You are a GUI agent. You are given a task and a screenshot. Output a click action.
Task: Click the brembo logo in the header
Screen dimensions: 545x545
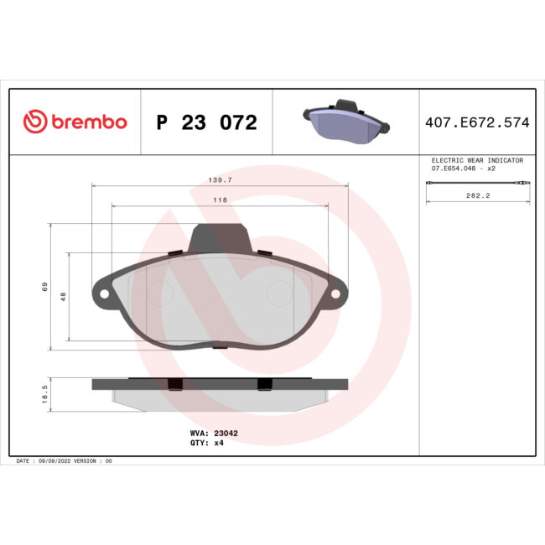coord(75,122)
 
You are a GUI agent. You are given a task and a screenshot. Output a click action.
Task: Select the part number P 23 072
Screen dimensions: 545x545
coord(206,123)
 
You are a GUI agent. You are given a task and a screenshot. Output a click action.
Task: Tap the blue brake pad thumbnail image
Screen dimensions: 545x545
coord(345,123)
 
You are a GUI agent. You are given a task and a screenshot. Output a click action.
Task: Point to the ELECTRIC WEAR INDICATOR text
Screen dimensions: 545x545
coord(476,159)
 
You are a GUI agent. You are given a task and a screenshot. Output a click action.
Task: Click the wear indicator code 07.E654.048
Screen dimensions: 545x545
coord(458,169)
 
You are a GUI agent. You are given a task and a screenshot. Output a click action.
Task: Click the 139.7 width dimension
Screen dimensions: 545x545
coord(220,180)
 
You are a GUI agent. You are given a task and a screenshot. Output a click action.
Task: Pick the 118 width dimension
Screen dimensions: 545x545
coord(220,200)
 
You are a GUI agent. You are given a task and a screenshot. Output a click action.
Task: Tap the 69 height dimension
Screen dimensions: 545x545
coord(45,287)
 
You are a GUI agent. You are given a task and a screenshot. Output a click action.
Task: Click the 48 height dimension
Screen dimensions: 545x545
coord(63,296)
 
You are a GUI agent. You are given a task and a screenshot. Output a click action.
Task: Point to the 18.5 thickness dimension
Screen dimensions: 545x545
coord(45,394)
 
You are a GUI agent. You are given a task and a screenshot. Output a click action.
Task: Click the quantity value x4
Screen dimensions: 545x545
coord(219,443)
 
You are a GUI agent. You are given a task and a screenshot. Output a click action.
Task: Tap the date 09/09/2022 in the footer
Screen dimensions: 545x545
coord(57,461)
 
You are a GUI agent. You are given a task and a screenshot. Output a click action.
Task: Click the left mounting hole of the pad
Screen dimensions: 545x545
coord(103,295)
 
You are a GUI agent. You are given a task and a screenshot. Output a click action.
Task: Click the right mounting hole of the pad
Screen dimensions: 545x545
coord(337,295)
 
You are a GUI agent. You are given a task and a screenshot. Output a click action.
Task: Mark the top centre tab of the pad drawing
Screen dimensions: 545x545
coord(220,238)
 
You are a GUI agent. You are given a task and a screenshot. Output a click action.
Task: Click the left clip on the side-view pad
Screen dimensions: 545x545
coord(174,384)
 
